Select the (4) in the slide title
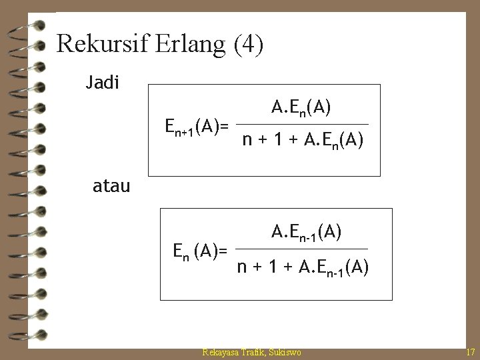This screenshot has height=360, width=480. point(248,45)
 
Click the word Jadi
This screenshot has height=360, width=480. point(103,83)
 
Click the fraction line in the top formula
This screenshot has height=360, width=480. point(303,124)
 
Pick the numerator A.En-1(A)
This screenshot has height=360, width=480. point(307,231)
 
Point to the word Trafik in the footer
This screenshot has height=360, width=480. point(255,351)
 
